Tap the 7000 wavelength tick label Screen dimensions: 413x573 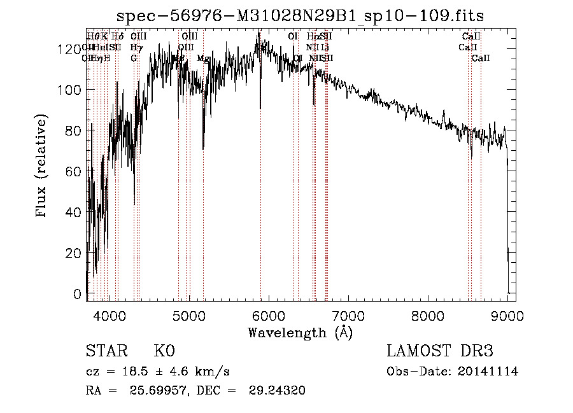click(348, 316)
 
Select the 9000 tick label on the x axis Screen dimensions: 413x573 click(507, 316)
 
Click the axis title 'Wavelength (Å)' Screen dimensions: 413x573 click(300, 332)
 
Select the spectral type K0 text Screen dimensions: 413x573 click(164, 351)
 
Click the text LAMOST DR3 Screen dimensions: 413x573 click(440, 351)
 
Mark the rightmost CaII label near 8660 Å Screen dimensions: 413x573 click(481, 59)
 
